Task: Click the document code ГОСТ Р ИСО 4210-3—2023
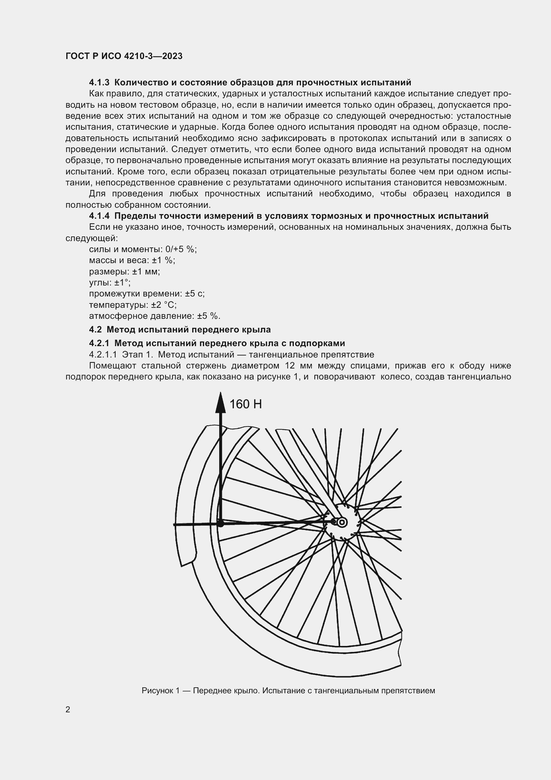124,56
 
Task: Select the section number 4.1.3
99,83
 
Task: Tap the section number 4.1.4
99,216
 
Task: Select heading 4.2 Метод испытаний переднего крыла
180,330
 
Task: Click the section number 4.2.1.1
103,355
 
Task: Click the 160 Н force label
246,404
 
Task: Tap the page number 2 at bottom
68,710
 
